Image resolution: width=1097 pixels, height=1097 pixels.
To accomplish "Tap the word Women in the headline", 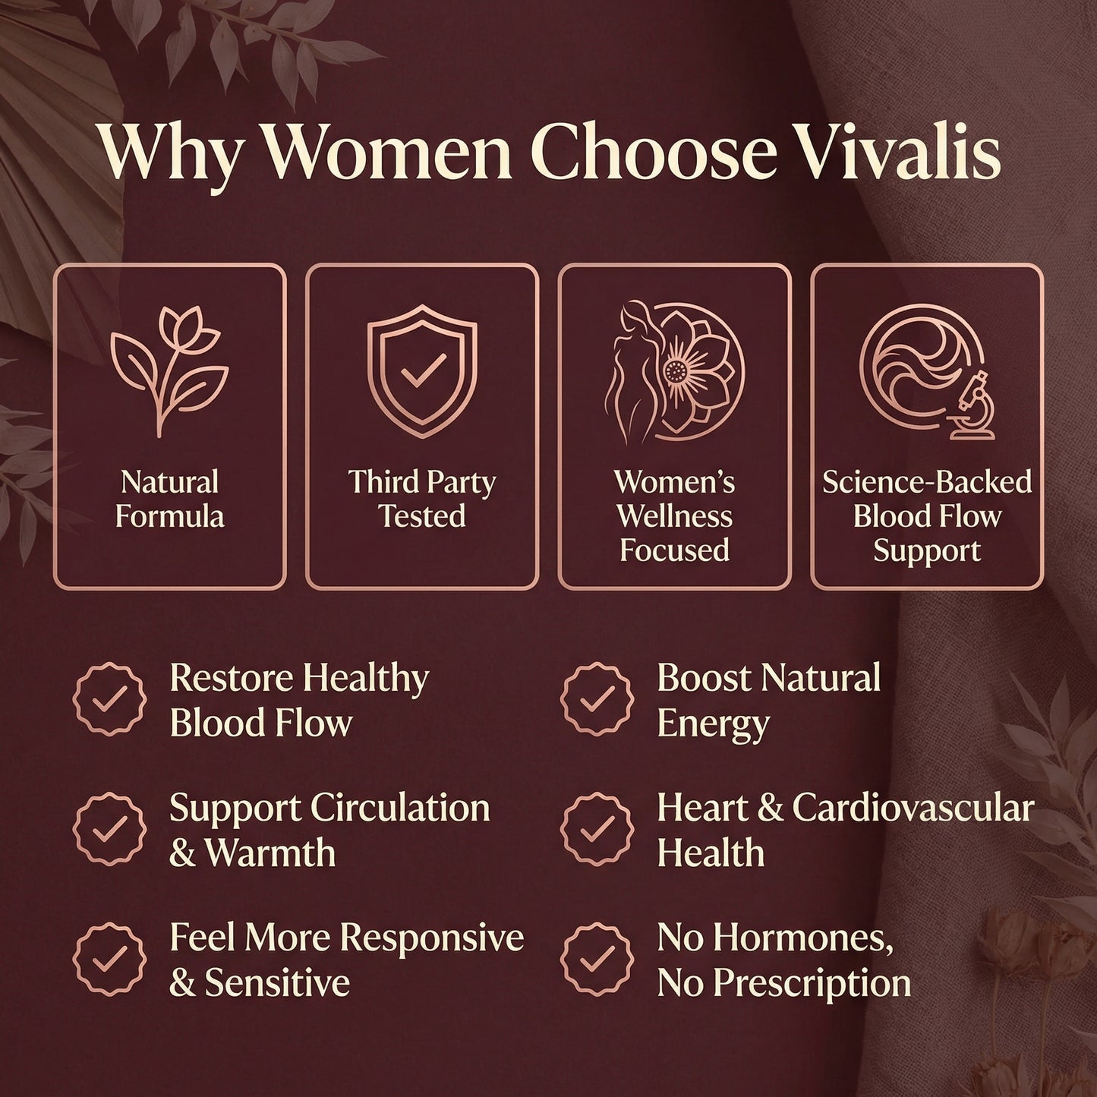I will click(x=387, y=152).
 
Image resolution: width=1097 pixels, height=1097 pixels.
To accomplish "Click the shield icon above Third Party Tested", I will click(x=422, y=368).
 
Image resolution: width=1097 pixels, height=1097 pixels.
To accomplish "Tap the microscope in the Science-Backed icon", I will click(x=968, y=406).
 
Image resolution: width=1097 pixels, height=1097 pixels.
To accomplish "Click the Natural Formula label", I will click(x=170, y=499).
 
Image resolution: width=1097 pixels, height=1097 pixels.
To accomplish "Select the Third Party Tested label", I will click(x=422, y=499).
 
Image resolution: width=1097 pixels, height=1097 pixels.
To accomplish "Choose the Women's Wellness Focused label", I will click(x=674, y=515).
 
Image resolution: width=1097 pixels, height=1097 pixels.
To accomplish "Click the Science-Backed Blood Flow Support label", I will click(x=927, y=515).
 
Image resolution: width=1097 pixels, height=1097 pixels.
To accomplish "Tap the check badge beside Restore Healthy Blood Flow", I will click(x=109, y=698).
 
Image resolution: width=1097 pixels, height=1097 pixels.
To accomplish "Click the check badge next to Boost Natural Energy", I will click(x=597, y=698).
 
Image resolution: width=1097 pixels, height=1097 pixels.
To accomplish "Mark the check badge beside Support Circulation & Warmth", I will click(x=109, y=829).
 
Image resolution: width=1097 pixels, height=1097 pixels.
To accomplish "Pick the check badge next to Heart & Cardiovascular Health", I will click(x=597, y=829).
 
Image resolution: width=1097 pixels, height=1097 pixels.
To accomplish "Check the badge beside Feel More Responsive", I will click(x=109, y=960).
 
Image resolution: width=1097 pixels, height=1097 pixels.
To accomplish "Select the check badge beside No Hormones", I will click(x=597, y=960).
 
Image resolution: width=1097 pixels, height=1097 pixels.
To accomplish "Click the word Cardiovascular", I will click(x=913, y=808).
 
